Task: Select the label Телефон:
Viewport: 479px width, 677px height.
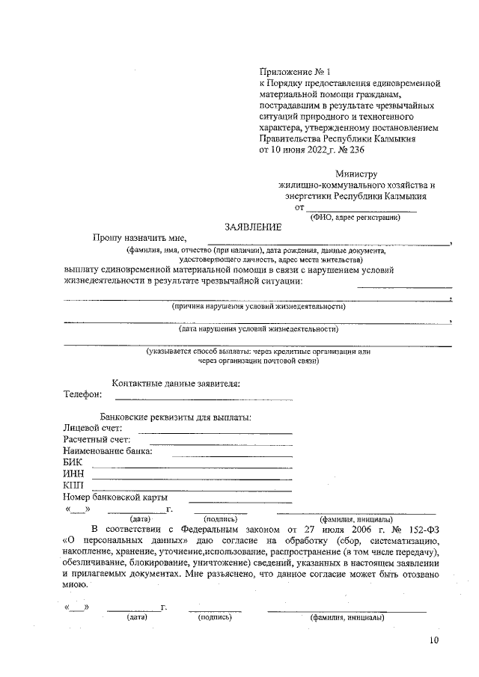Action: coord(82,394)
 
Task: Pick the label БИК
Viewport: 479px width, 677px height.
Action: coord(73,463)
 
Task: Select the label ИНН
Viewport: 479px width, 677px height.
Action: coord(73,475)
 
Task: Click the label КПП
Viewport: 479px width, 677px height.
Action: coord(74,486)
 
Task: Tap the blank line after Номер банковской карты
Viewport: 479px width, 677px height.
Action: coord(239,501)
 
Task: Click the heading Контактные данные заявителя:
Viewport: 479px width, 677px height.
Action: coord(176,384)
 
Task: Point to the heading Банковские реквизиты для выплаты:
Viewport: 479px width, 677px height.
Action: coord(176,417)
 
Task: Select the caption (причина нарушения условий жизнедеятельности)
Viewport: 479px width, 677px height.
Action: coord(258,307)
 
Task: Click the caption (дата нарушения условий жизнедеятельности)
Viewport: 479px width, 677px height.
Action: coord(258,328)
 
